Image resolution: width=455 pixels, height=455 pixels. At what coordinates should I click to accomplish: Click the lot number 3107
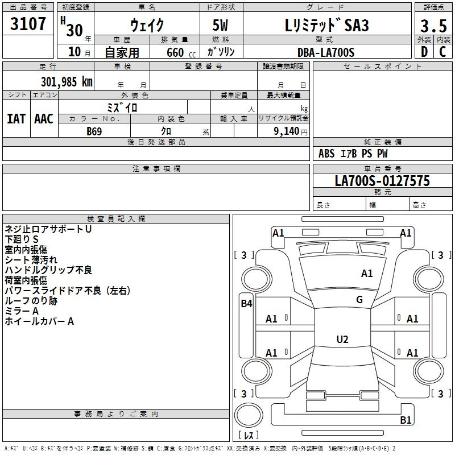point(28,24)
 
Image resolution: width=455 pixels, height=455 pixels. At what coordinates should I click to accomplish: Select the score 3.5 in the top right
point(433,26)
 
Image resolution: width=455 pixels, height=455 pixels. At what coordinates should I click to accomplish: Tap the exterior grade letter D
point(424,52)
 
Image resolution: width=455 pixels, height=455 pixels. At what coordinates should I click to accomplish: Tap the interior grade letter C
point(442,52)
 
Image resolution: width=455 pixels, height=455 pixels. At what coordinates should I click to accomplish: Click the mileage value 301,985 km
point(67,82)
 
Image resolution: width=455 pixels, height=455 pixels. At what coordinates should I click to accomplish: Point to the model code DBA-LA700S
point(326,52)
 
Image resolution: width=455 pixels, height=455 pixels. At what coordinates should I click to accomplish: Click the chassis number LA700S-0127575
point(382,180)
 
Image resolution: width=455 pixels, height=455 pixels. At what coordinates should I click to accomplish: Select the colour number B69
point(94,131)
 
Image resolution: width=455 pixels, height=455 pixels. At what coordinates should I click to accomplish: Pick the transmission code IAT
point(16,119)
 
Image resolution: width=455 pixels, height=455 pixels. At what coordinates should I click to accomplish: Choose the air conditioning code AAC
point(44,119)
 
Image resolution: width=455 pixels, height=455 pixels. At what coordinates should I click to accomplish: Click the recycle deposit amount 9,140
point(287,131)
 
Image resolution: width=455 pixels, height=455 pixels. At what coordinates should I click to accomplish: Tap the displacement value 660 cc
point(181,53)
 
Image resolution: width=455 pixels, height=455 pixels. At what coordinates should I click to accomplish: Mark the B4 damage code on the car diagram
point(246,304)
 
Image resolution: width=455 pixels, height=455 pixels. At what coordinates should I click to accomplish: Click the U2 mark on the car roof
point(342,339)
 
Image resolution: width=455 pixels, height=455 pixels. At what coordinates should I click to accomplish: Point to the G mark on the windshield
point(359,300)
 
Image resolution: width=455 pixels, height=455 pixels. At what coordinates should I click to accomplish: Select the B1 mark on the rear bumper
point(406,420)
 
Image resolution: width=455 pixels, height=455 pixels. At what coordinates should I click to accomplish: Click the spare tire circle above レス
point(249,415)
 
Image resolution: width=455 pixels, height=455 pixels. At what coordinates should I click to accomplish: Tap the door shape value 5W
point(221,25)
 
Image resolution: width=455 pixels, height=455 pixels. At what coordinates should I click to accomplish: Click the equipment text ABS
point(326,154)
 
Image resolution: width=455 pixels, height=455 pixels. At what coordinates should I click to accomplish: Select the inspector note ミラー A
point(22,311)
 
